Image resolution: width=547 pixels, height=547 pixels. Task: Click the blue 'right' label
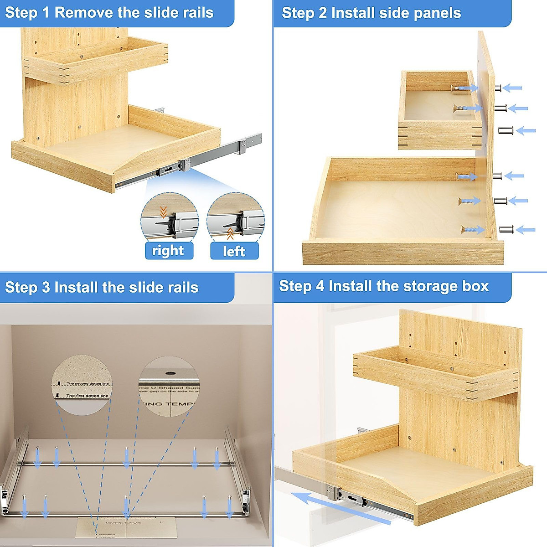pos(168,251)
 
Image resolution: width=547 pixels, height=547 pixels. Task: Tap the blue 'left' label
pos(234,251)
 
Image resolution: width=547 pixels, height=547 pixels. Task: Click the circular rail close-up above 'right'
pos(169,218)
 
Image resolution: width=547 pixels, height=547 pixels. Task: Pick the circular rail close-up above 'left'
pos(235,218)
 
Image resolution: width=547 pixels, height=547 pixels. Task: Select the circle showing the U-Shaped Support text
pos(169,386)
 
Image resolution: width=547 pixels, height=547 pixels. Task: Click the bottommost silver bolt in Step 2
pos(506,230)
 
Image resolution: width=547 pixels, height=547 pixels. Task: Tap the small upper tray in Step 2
pos(438,109)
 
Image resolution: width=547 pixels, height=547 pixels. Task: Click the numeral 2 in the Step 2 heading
pos(322,13)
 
